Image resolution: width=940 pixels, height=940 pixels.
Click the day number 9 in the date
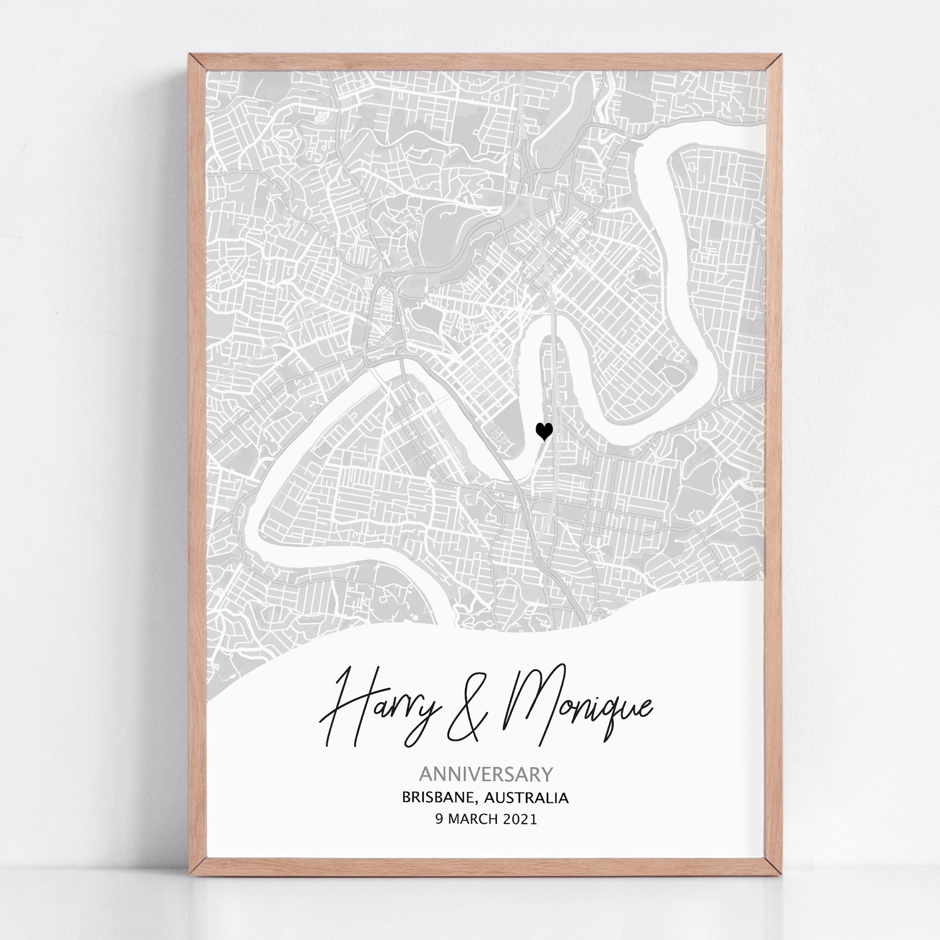pos(439,819)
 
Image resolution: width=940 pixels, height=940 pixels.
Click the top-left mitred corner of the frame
pos(197,62)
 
